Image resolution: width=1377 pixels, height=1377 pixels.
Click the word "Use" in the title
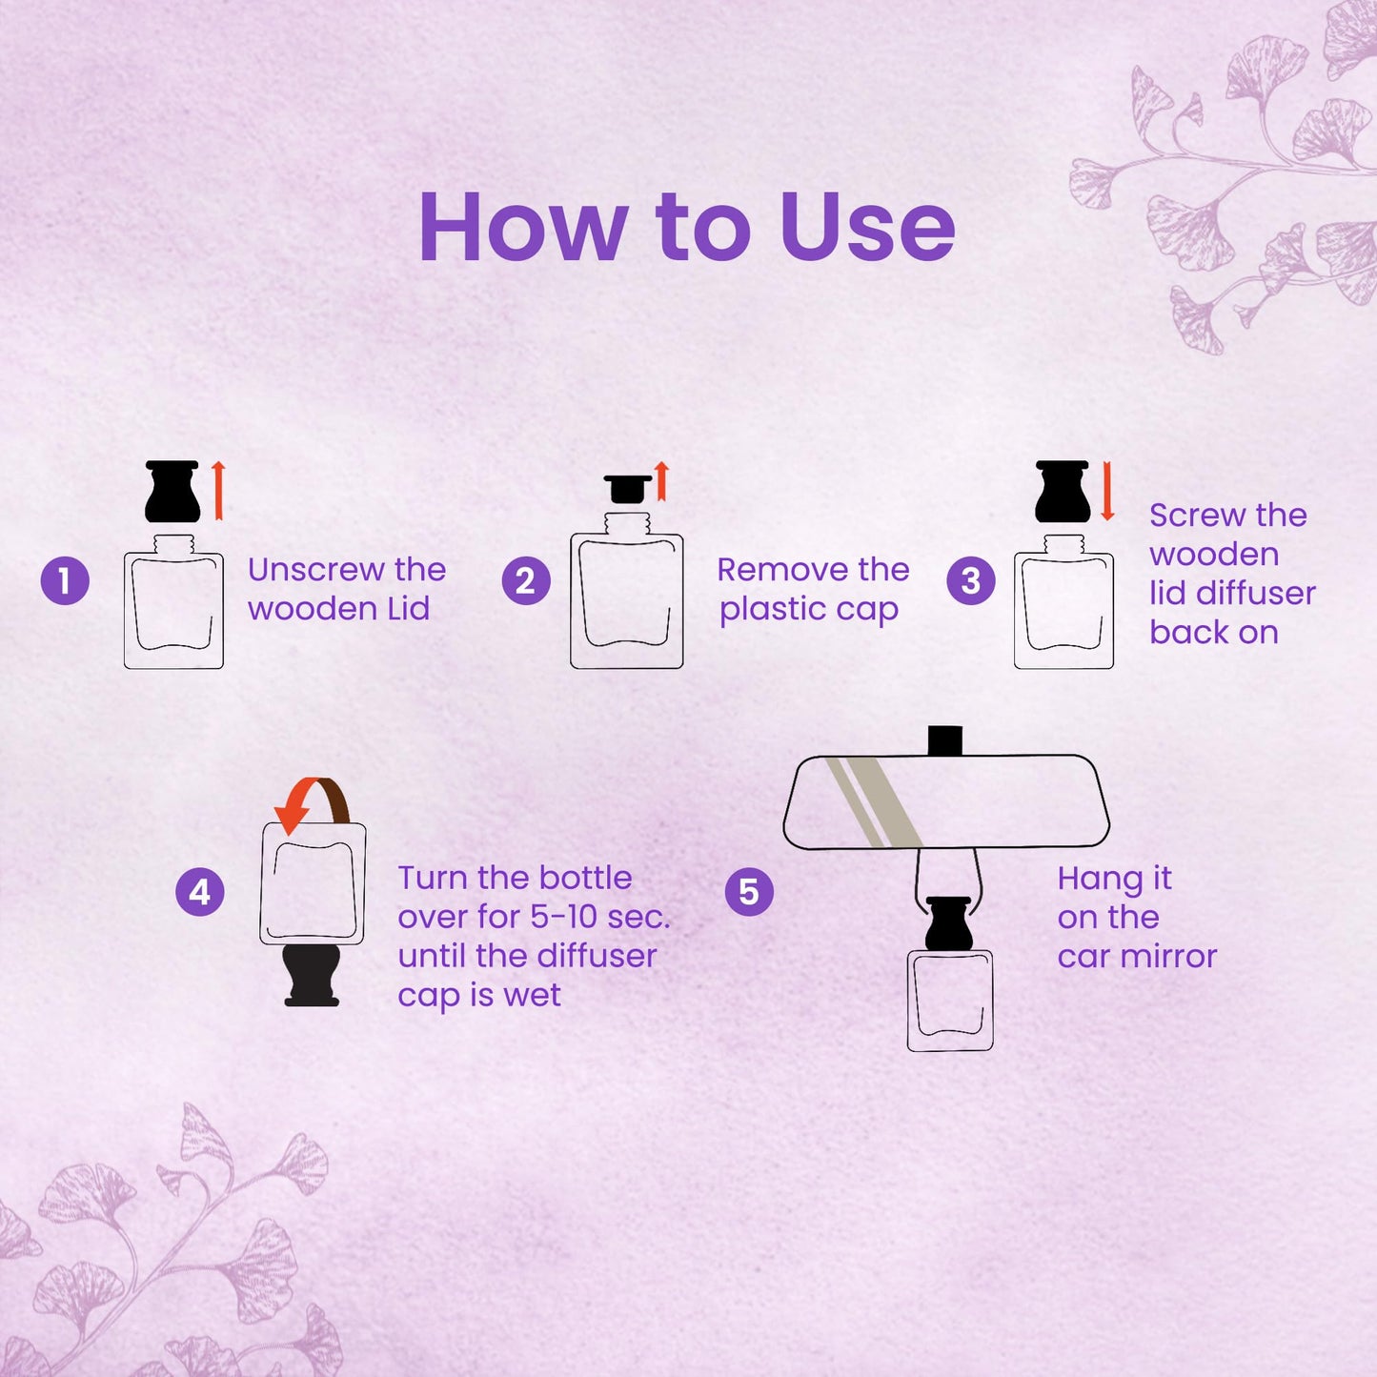click(x=867, y=228)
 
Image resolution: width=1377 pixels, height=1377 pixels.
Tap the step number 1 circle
click(x=65, y=581)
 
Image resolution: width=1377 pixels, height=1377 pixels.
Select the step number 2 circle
click(x=526, y=581)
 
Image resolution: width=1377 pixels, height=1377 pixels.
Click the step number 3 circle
click(x=971, y=581)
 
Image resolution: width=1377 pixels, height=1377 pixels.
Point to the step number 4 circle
click(x=200, y=893)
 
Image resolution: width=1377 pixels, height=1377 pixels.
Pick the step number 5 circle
click(x=749, y=893)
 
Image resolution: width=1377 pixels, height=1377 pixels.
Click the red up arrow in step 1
click(x=218, y=490)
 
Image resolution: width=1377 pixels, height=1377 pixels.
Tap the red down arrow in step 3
click(x=1106, y=491)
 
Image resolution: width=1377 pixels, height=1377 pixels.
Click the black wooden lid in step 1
click(x=172, y=492)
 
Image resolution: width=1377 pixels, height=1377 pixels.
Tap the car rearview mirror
click(x=945, y=801)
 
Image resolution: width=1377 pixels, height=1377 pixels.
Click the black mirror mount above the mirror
click(x=944, y=740)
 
